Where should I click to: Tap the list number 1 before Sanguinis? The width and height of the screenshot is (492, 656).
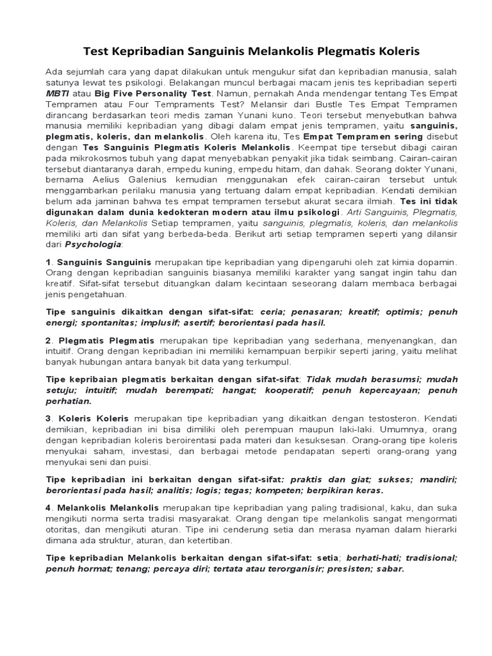49,262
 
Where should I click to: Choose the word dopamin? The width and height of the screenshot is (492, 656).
436,262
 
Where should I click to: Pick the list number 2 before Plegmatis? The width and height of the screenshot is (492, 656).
49,340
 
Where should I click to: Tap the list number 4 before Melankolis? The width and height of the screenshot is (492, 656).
49,508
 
